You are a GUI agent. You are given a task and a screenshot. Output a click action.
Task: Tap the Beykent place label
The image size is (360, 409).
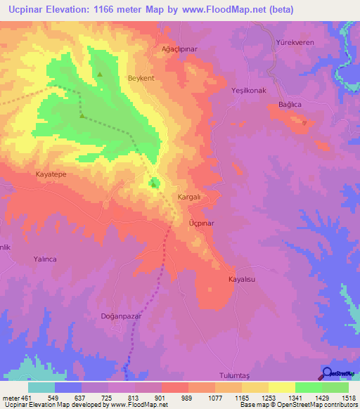[141, 78]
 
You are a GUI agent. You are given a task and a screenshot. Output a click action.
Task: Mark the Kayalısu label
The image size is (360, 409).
[239, 279]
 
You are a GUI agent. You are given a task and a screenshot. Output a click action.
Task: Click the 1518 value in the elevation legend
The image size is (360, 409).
[347, 397]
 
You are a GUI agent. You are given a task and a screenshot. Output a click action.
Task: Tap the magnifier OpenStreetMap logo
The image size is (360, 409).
[328, 374]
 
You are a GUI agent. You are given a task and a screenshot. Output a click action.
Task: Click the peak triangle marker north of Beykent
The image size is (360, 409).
[100, 74]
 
